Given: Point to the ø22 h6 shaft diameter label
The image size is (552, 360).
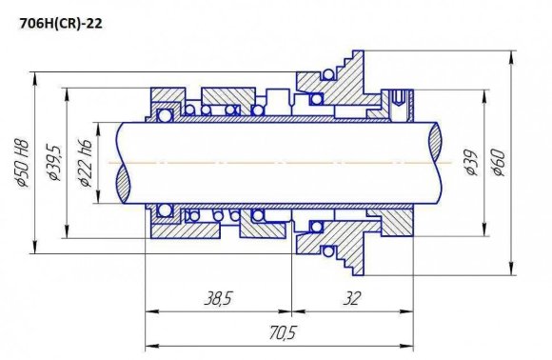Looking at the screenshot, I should (x=87, y=161).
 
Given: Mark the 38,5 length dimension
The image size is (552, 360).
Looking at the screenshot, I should (x=217, y=299).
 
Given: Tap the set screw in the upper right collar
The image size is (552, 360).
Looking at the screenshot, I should (x=397, y=97).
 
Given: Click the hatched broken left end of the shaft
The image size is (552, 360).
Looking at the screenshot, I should (x=123, y=163).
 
